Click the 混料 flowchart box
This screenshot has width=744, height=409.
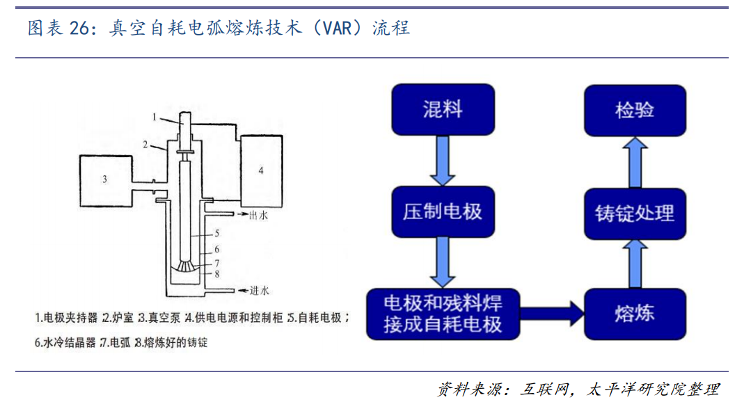[443, 109]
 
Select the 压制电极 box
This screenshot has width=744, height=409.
[443, 212]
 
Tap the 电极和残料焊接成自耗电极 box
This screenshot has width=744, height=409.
[443, 313]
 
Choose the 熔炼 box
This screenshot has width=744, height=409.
[635, 313]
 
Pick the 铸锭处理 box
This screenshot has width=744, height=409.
[635, 213]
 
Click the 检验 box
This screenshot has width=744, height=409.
[635, 110]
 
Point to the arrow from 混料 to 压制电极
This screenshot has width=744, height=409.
[443, 161]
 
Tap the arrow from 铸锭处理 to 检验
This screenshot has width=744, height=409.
[635, 161]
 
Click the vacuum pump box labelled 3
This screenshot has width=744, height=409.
[105, 179]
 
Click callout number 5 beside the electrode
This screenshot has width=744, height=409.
[217, 232]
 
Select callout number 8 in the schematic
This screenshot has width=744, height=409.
[217, 275]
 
